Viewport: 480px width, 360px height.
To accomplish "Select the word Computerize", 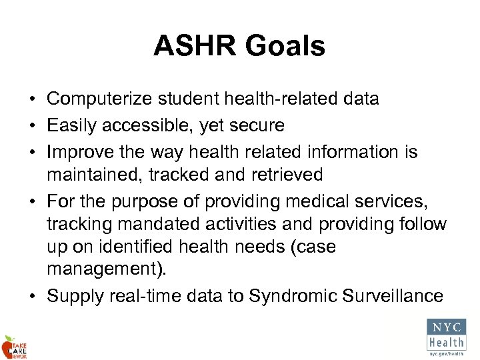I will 101,99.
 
